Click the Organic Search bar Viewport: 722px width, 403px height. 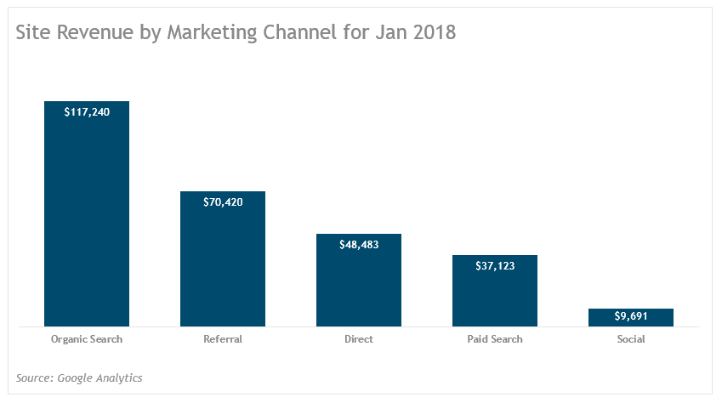(x=87, y=221)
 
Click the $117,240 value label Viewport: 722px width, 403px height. (x=87, y=111)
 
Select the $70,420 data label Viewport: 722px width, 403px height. (x=223, y=201)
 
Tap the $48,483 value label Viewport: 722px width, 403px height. (x=359, y=244)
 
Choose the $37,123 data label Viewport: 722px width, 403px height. (x=495, y=265)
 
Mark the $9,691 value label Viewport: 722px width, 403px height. (x=631, y=316)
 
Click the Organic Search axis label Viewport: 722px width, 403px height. (x=87, y=339)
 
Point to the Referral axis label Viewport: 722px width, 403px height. (x=223, y=339)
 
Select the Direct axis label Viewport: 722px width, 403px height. (x=359, y=339)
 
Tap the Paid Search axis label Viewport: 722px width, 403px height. (x=495, y=339)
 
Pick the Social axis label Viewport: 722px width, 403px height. (x=631, y=339)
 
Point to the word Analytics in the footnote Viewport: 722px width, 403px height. (x=118, y=377)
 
